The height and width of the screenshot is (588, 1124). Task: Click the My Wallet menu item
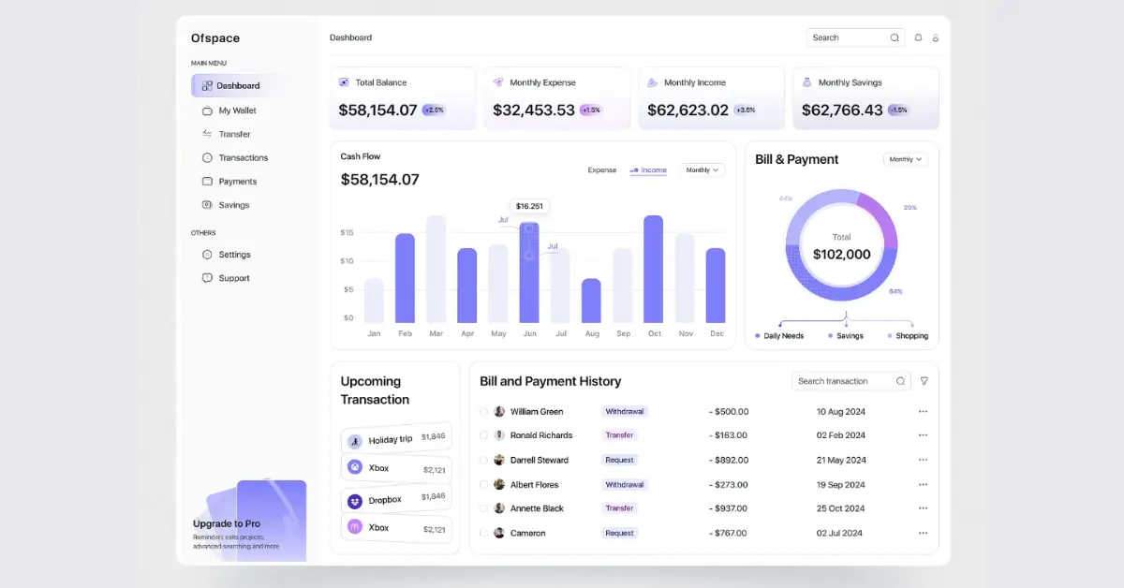click(x=236, y=110)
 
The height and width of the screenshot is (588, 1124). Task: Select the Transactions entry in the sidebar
click(x=243, y=158)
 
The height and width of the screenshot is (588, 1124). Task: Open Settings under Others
click(x=234, y=255)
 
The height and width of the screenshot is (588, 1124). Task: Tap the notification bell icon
click(x=918, y=37)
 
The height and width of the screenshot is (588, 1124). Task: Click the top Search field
click(x=848, y=37)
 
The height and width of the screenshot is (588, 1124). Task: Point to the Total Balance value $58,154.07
click(x=377, y=110)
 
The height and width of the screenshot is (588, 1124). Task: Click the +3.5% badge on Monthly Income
click(x=746, y=110)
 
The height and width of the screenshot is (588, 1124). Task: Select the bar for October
click(x=654, y=270)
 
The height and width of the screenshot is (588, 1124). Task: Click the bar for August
click(x=591, y=301)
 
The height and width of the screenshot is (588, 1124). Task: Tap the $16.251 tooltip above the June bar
click(x=529, y=206)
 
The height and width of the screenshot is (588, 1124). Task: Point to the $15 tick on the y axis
click(x=347, y=232)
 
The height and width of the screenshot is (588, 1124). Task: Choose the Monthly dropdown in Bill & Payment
click(x=905, y=159)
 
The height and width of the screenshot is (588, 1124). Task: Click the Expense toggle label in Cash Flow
click(x=601, y=170)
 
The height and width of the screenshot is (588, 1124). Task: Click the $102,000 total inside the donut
click(x=841, y=255)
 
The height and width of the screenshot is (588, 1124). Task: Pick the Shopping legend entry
click(x=910, y=336)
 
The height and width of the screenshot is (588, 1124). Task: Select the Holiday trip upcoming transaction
click(x=390, y=440)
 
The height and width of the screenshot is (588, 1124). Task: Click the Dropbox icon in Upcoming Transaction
click(x=355, y=501)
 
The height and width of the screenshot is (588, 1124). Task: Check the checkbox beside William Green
click(x=484, y=411)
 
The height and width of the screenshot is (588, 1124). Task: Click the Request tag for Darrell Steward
click(x=619, y=460)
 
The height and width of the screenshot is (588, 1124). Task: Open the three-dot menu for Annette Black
click(x=923, y=508)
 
